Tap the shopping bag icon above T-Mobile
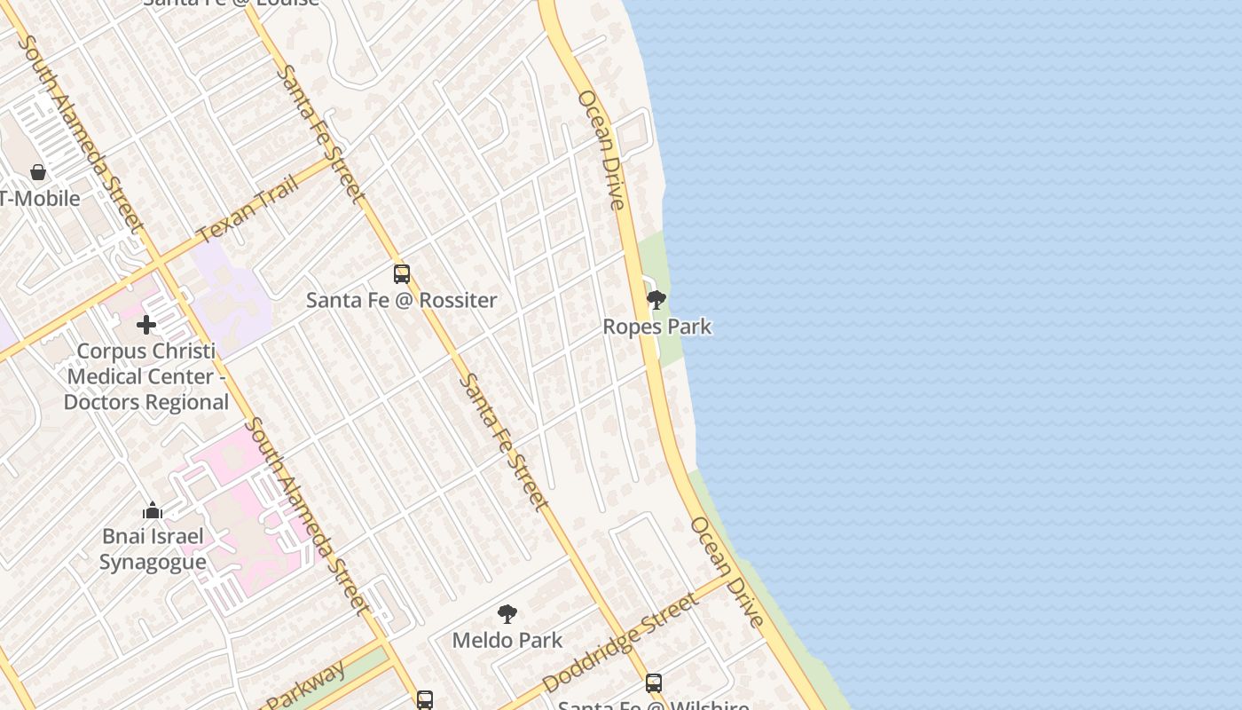(x=37, y=172)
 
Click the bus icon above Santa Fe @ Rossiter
(x=402, y=274)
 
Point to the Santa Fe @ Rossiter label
(x=401, y=300)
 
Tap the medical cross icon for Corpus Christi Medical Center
(x=146, y=325)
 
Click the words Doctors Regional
(x=146, y=402)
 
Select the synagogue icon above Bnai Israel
(x=153, y=510)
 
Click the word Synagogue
(x=153, y=562)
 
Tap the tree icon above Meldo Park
(x=507, y=613)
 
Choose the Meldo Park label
(x=507, y=640)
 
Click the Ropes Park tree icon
(x=656, y=300)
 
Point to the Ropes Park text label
(x=656, y=327)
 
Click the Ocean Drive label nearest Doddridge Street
(x=727, y=572)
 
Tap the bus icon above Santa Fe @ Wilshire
(x=654, y=682)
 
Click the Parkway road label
(x=306, y=685)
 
